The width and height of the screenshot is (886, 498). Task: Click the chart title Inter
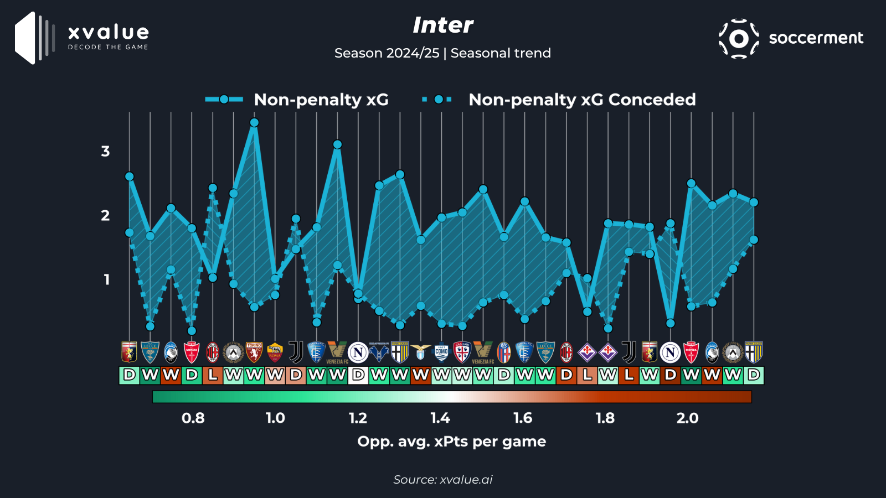[442, 25]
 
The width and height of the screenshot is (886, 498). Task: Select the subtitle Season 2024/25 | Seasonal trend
[442, 53]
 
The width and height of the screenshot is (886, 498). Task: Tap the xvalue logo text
[108, 33]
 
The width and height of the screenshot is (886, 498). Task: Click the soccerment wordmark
[816, 38]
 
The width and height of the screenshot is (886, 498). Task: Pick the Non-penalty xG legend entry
[321, 100]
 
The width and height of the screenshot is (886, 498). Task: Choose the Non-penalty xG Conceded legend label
[581, 100]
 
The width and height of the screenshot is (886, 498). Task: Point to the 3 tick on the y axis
[105, 151]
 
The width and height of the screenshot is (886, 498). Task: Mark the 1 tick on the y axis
[106, 279]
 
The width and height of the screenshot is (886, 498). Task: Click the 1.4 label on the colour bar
[440, 418]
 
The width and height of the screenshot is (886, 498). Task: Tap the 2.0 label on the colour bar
[687, 418]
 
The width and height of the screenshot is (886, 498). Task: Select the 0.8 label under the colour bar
[193, 418]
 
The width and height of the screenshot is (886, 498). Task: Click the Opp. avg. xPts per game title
[451, 442]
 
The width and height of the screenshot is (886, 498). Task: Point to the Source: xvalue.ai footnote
[442, 480]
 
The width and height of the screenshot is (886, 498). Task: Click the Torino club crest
[254, 352]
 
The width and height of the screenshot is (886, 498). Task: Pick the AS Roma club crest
[275, 352]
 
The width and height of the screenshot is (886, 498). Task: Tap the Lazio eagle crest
[421, 352]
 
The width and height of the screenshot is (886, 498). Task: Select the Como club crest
[441, 352]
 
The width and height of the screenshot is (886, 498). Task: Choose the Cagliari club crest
[462, 352]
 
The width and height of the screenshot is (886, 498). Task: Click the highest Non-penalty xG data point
[254, 123]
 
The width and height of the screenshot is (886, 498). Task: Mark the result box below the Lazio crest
[421, 375]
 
